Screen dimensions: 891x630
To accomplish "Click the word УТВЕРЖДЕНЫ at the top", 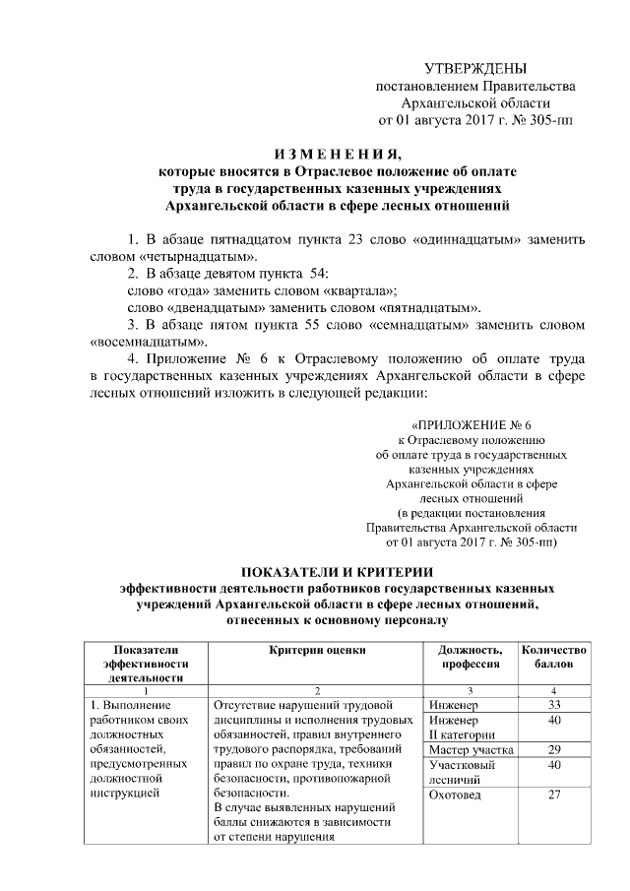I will click(474, 69).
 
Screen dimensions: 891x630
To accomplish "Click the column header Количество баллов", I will click(555, 657).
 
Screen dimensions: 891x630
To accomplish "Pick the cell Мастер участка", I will click(472, 751).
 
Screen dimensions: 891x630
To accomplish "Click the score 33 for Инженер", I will click(555, 705).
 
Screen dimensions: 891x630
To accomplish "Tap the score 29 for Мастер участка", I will click(555, 751).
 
